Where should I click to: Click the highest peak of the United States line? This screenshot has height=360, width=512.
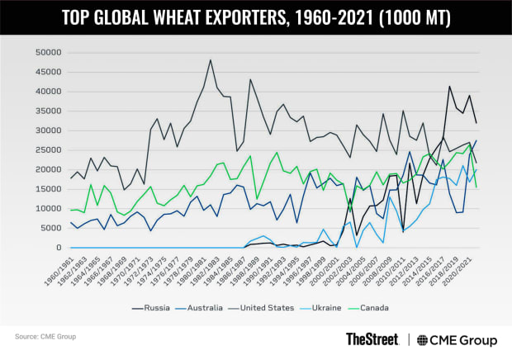(211, 59)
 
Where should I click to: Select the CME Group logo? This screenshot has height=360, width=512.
(457, 339)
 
